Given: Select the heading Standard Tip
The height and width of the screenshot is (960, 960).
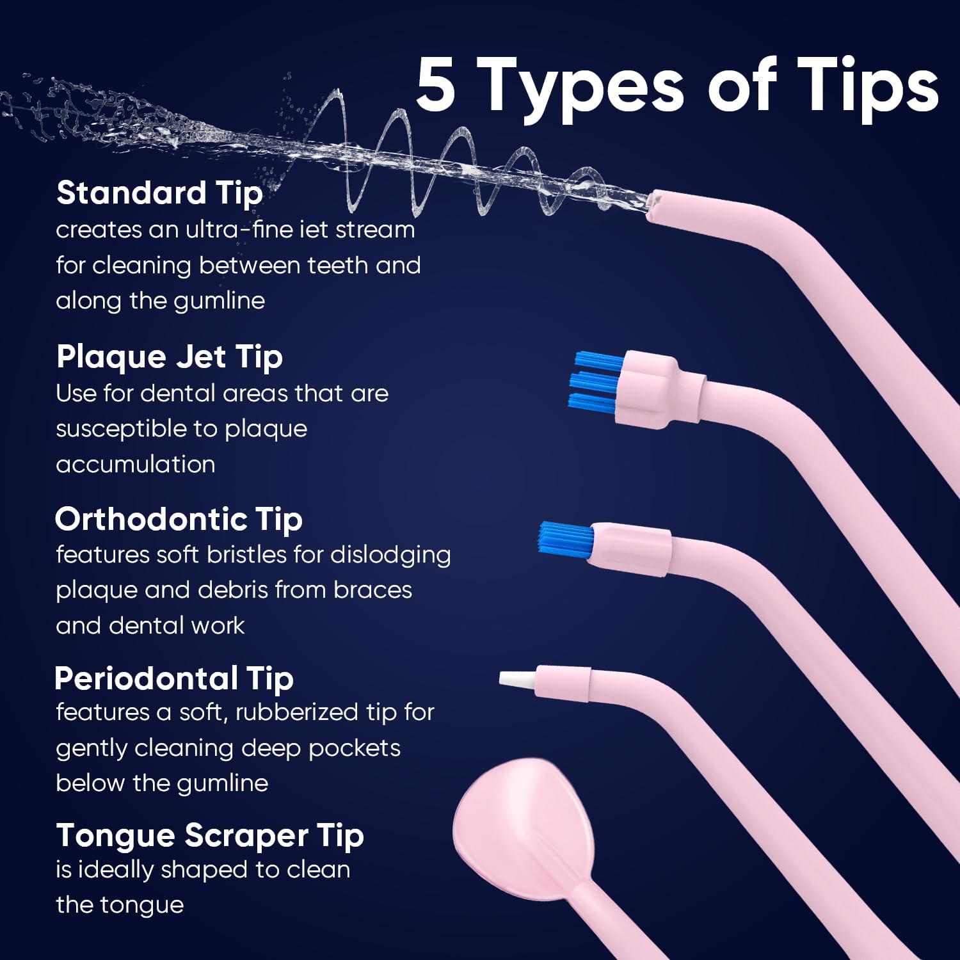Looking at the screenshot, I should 159,193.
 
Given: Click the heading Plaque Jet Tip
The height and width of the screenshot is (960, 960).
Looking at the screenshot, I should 169,356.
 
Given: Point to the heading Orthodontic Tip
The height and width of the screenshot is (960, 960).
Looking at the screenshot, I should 179,519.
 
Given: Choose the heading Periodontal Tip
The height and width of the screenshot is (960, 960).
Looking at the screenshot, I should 173,678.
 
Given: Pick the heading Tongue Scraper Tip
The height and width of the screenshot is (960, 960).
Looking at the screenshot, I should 210,835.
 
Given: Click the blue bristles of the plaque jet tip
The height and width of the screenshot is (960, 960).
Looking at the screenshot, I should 595,382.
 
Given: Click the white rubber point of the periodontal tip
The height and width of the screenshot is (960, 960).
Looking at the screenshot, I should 517,680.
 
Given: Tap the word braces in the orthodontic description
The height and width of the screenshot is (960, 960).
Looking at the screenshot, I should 372,590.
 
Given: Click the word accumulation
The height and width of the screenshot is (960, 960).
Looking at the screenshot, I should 135,464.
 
